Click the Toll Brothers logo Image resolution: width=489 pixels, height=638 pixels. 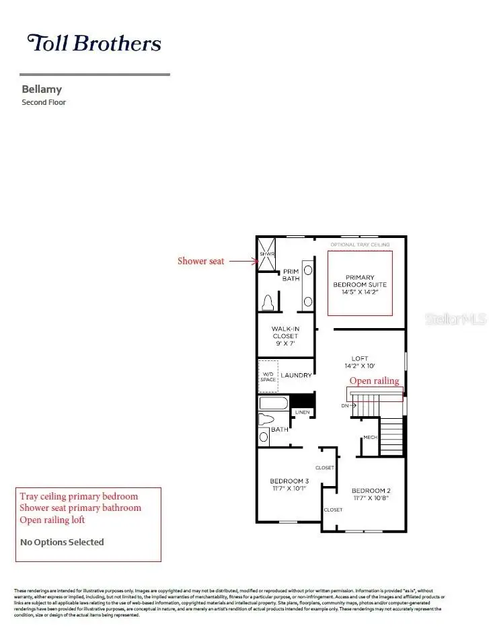pyautogui.click(x=94, y=43)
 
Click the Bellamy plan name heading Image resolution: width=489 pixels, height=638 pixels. pyautogui.click(x=42, y=89)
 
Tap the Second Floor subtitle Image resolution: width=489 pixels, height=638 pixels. pyautogui.click(x=44, y=103)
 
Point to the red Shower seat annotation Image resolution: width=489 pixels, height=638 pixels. pyautogui.click(x=200, y=261)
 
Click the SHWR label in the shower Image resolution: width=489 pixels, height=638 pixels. pyautogui.click(x=268, y=254)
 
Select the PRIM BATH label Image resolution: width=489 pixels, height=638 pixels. pyautogui.click(x=291, y=275)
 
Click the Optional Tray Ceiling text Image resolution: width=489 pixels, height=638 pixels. pyautogui.click(x=360, y=245)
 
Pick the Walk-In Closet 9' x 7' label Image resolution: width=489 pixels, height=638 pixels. pyautogui.click(x=285, y=335)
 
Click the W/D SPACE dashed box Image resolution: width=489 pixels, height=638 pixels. pyautogui.click(x=268, y=376)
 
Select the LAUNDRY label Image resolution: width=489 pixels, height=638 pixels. pyautogui.click(x=296, y=376)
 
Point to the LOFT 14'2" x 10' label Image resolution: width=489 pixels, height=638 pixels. pyautogui.click(x=360, y=362)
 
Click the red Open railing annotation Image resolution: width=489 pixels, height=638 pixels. pyautogui.click(x=374, y=381)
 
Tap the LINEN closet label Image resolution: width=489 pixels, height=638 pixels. pyautogui.click(x=302, y=412)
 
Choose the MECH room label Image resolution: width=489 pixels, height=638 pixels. pyautogui.click(x=369, y=438)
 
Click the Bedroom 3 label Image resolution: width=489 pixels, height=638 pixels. pyautogui.click(x=289, y=484)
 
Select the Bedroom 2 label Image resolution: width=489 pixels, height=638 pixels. pyautogui.click(x=371, y=494)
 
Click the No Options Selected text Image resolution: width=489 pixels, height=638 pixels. pyautogui.click(x=62, y=542)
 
